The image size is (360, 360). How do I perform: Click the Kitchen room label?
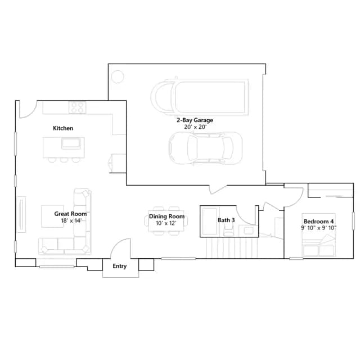(x=63, y=128)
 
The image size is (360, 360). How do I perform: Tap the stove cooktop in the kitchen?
(x=78, y=107)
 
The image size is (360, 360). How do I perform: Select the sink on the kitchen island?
(x=71, y=143)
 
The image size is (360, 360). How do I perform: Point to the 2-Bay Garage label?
(x=195, y=120)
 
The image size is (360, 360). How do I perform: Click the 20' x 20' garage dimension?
(x=195, y=127)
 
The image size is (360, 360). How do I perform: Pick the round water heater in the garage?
(x=118, y=76)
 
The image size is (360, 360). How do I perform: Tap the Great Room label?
(x=70, y=214)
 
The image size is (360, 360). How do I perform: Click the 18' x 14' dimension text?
(x=71, y=220)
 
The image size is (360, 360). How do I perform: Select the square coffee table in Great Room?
(x=52, y=216)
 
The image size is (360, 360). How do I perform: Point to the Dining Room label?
(x=166, y=216)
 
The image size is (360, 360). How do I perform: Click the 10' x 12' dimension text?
(x=166, y=223)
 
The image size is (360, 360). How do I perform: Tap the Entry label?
(x=120, y=266)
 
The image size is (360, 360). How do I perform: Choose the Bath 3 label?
(x=226, y=220)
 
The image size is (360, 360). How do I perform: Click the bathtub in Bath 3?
(x=210, y=222)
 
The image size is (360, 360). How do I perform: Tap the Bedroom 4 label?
(x=319, y=221)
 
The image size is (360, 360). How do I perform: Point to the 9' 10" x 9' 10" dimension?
(x=319, y=228)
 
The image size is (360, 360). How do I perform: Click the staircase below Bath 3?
(x=232, y=248)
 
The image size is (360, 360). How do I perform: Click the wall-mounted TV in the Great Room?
(x=21, y=214)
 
